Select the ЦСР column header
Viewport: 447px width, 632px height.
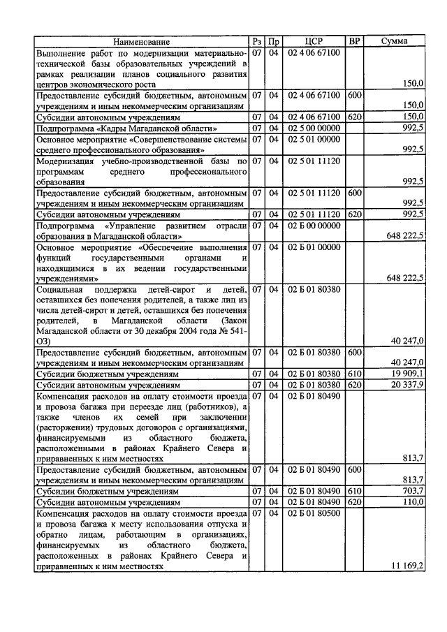pos(314,42)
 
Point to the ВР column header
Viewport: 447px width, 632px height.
pos(354,42)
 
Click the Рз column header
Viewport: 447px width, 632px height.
pos(256,42)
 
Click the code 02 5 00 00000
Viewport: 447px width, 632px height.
pos(314,128)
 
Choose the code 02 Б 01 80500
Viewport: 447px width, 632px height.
pos(314,513)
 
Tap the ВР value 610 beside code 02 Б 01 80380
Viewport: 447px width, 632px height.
pos(354,374)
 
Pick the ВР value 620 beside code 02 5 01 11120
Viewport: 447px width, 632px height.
pos(354,214)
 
